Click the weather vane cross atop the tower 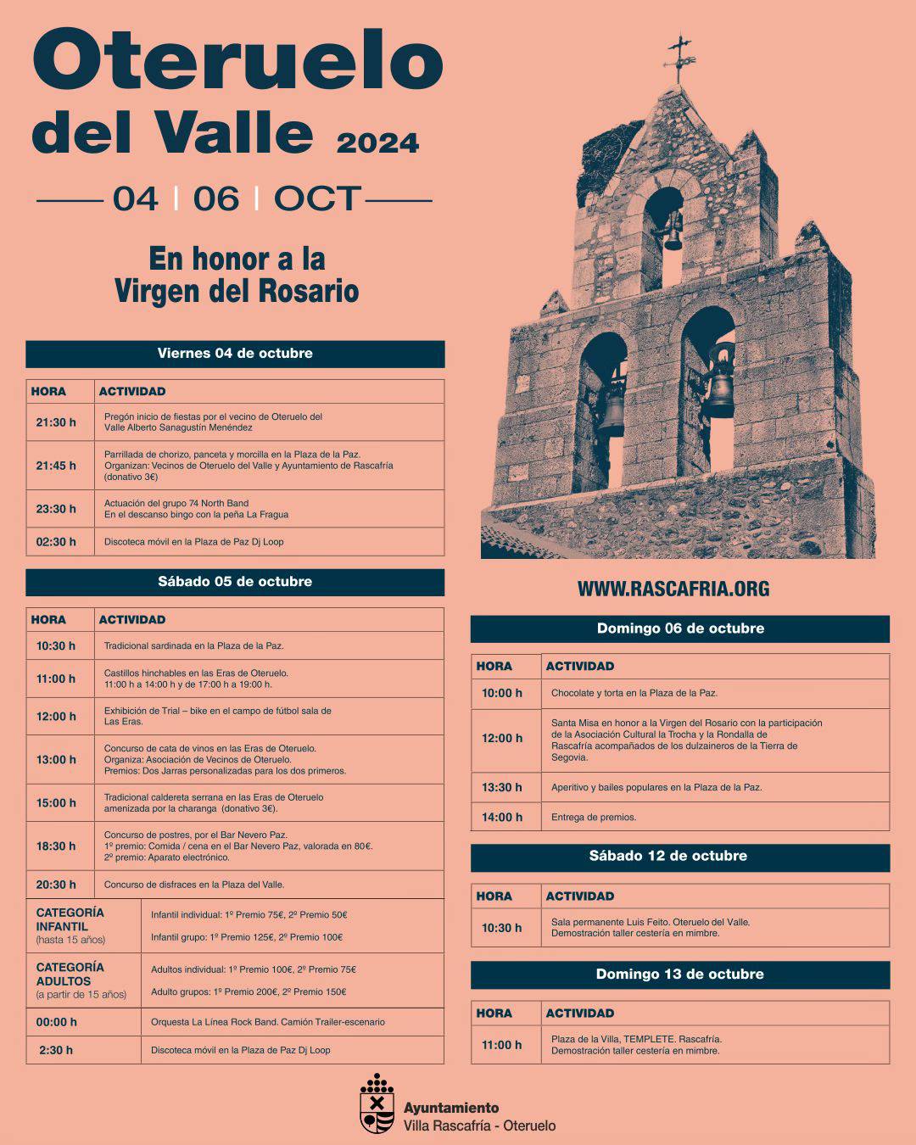pos(679,59)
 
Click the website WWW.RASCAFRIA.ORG pos(673,589)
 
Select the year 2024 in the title pos(377,142)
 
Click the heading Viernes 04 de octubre pos(235,354)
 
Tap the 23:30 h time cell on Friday pos(56,509)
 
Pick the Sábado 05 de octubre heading pos(235,582)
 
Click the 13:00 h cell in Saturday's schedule pos(56,760)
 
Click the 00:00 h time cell pos(56,1022)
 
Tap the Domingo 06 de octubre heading pos(680,628)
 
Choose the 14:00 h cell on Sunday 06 pos(502,817)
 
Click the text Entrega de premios pos(594,817)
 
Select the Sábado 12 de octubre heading pos(668,856)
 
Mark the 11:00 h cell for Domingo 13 pos(502,1045)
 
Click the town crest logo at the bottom pos(377,1104)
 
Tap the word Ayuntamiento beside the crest pos(451,1108)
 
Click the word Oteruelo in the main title pos(237,61)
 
